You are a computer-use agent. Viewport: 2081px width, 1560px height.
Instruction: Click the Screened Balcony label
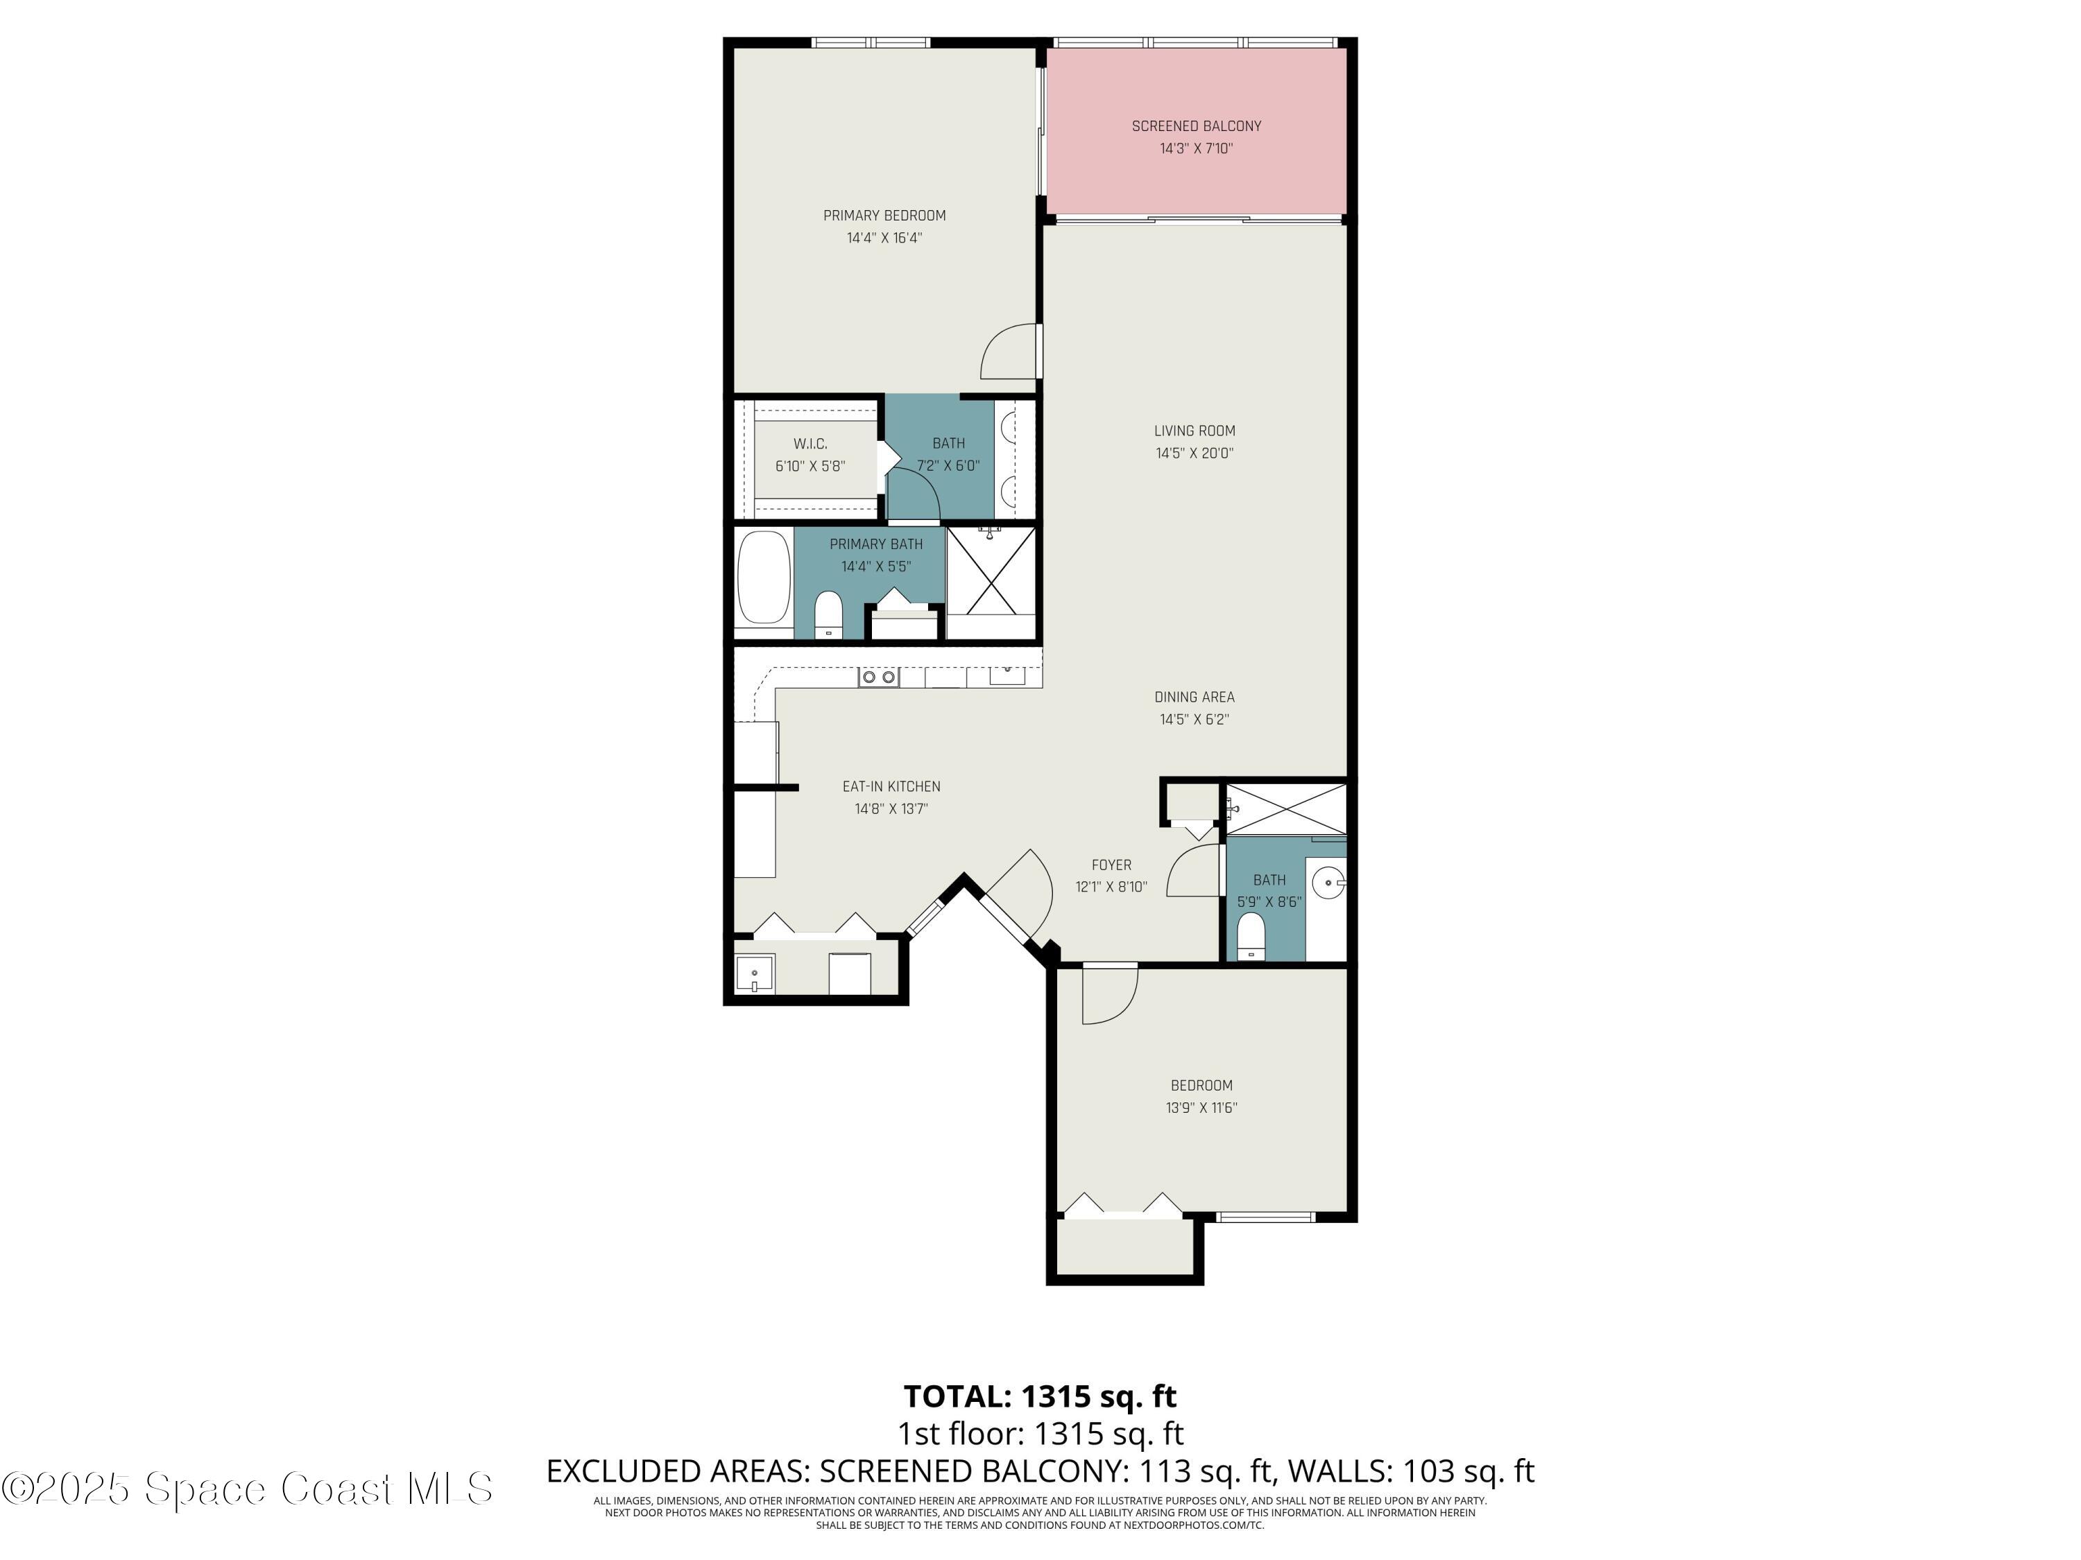click(x=1196, y=126)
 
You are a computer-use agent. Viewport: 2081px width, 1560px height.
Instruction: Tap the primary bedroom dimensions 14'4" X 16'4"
click(x=884, y=238)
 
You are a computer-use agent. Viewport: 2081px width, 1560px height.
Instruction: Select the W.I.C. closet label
click(x=810, y=444)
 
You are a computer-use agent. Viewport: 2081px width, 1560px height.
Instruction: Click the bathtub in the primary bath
click(x=763, y=578)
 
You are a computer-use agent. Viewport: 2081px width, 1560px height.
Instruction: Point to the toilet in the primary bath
click(x=828, y=613)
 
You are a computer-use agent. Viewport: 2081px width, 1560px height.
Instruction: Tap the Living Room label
click(x=1194, y=431)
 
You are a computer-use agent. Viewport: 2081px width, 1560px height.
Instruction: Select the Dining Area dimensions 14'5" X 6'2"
click(x=1194, y=720)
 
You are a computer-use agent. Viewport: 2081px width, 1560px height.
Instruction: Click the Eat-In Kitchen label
click(x=890, y=786)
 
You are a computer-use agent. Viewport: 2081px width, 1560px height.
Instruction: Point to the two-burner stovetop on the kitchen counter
click(x=877, y=676)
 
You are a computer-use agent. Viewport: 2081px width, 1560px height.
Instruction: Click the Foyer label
click(x=1111, y=865)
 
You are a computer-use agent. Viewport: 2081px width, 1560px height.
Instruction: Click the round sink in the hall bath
click(x=1328, y=882)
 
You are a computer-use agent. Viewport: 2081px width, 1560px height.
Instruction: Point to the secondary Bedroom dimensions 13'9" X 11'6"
click(x=1201, y=1108)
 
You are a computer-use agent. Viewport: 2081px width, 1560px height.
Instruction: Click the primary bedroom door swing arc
click(x=1009, y=353)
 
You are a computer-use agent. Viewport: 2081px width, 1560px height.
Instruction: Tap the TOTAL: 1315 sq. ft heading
click(x=1040, y=1396)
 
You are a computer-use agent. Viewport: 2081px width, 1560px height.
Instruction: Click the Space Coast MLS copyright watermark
click(x=246, y=1489)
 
